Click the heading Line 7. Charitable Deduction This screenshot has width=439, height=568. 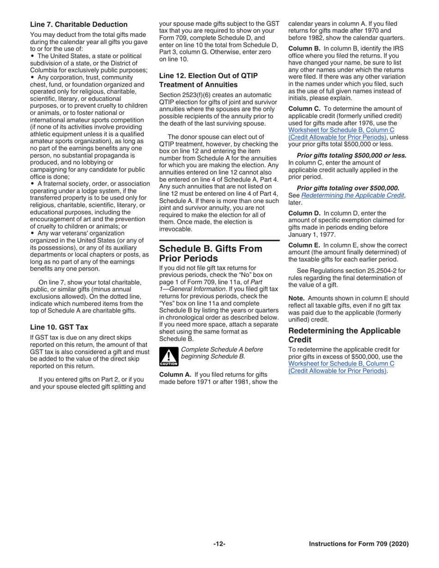[79, 24]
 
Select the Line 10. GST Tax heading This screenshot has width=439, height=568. [59, 327]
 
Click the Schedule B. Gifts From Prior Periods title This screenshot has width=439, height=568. [210, 254]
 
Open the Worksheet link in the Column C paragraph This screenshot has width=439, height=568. [341, 133]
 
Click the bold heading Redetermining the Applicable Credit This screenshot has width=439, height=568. [344, 335]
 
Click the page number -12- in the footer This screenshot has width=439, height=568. [219, 544]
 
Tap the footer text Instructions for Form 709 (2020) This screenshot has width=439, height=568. [359, 544]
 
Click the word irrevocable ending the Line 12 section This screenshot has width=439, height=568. [175, 229]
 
